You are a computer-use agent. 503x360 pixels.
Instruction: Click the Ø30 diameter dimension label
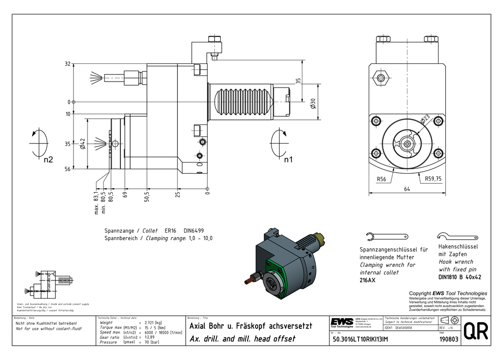pyautogui.click(x=313, y=104)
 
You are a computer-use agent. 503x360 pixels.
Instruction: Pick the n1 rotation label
pyautogui.click(x=287, y=160)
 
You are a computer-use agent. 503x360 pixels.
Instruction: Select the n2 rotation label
pyautogui.click(x=49, y=160)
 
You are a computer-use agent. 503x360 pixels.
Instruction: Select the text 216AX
pyautogui.click(x=367, y=280)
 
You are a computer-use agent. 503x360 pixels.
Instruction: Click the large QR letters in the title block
pyautogui.click(x=475, y=333)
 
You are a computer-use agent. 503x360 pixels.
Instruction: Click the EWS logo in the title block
pyautogui.click(x=342, y=322)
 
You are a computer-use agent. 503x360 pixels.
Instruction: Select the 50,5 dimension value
pyautogui.click(x=147, y=194)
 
